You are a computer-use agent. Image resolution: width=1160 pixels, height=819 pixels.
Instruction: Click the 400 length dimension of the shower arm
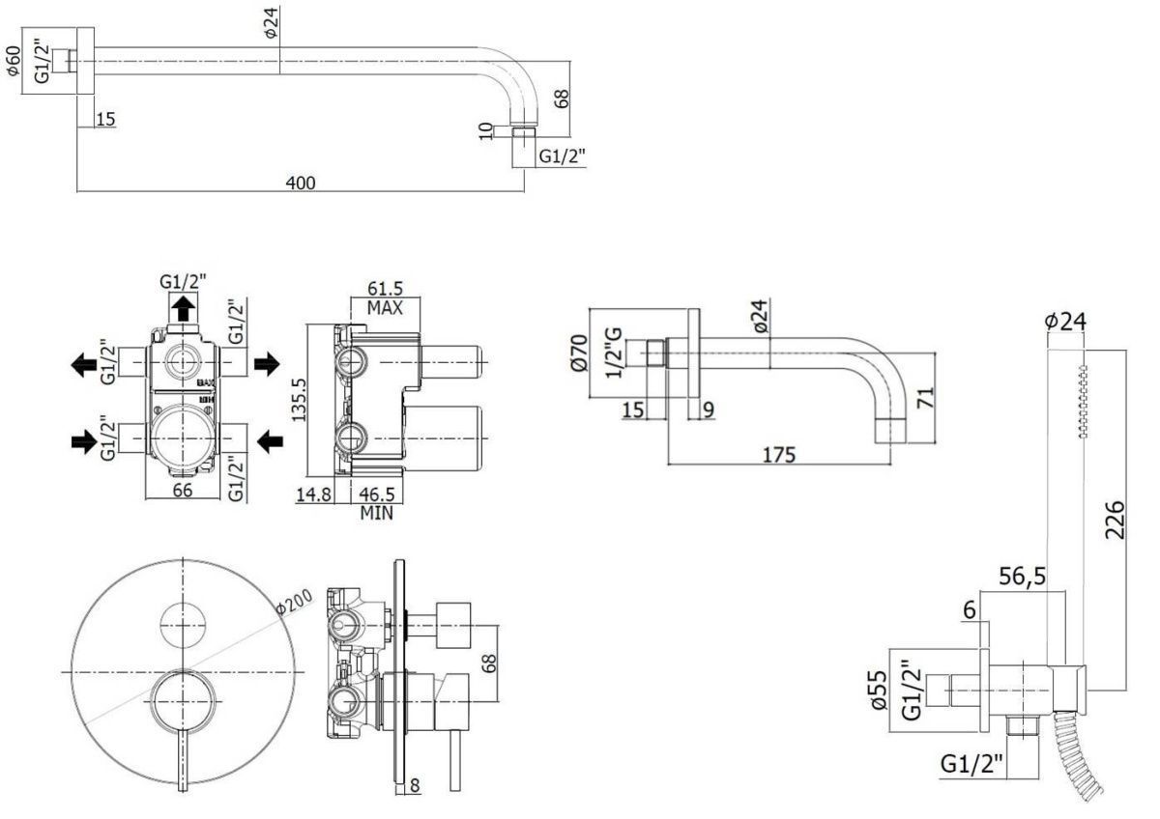coord(301,181)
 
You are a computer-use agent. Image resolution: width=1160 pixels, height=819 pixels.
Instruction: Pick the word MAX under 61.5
coord(386,309)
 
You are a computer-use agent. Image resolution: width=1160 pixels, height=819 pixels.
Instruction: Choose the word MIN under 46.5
coord(377,513)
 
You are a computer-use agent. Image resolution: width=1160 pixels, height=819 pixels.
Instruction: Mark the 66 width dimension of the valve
coord(183,489)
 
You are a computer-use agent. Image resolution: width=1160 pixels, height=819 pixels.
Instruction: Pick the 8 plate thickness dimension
coord(414,786)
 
